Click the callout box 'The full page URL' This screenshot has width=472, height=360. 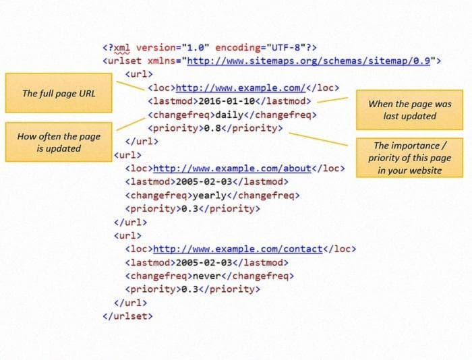tap(59, 93)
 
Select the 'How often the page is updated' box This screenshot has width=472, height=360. tap(59, 142)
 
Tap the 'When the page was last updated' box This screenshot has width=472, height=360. tap(410, 110)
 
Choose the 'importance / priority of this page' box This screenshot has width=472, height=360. tap(410, 158)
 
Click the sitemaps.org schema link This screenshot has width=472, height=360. tap(309, 61)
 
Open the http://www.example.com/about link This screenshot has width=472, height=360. tap(232, 169)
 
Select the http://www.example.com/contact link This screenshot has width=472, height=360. tap(238, 249)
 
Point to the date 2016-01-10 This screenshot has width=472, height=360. tap(227, 101)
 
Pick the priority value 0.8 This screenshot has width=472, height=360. tap(212, 128)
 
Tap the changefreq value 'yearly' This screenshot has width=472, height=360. tap(210, 196)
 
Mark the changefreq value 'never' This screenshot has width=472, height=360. tap(207, 276)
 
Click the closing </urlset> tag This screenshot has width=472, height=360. tap(128, 316)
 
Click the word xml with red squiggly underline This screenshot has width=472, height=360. tap(122, 48)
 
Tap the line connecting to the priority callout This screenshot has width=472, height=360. tap(318, 140)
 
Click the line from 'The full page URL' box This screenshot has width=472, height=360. tap(130, 86)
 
